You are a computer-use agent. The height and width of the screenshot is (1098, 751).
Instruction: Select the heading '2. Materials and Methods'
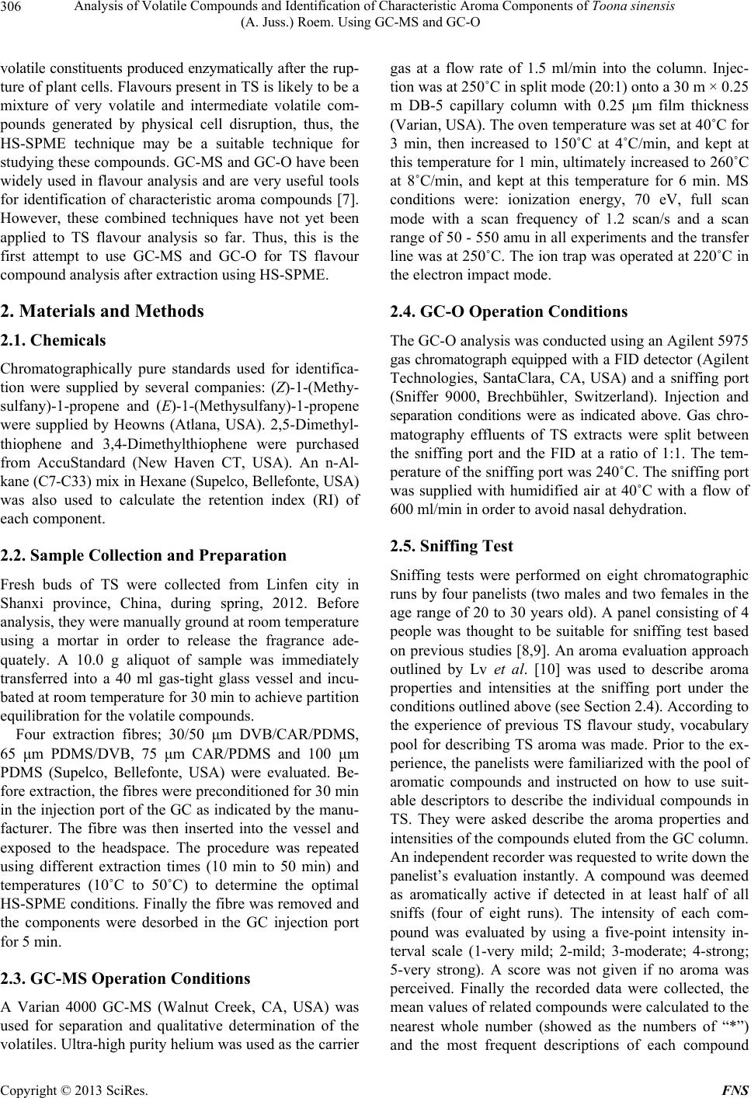click(x=103, y=311)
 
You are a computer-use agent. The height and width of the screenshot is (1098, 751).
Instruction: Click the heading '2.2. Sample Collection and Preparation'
click(x=144, y=555)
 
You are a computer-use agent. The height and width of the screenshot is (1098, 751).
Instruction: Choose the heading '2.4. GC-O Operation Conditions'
click(x=512, y=311)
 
